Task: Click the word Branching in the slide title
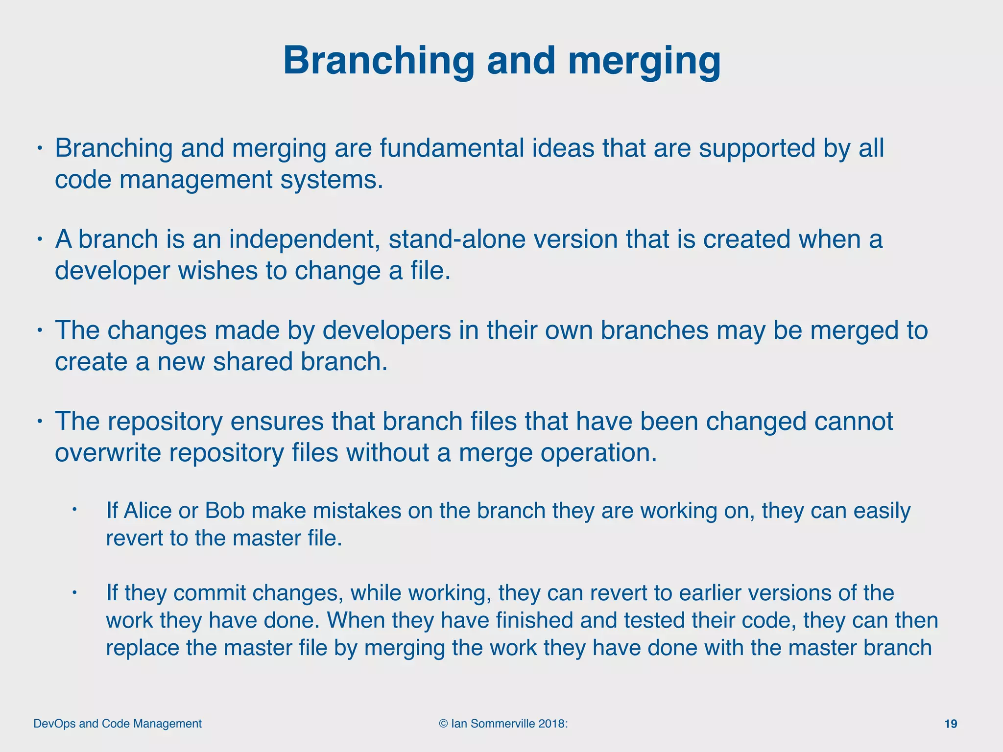click(x=379, y=61)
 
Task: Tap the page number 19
click(x=950, y=724)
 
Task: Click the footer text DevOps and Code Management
click(x=118, y=724)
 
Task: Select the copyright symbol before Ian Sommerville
click(x=443, y=724)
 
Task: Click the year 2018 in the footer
click(x=551, y=724)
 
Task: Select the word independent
click(x=304, y=239)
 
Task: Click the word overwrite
click(x=108, y=452)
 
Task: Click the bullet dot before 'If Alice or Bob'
click(x=75, y=510)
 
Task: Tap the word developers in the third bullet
click(x=387, y=330)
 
